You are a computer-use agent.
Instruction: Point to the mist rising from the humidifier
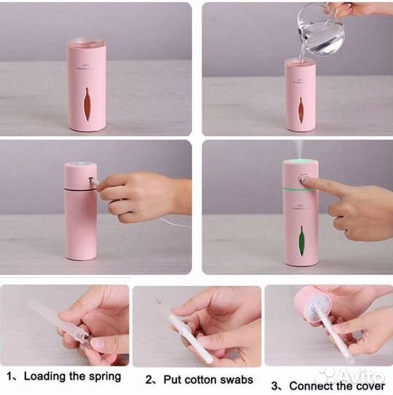(x=300, y=149)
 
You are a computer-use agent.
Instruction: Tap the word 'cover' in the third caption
(x=368, y=385)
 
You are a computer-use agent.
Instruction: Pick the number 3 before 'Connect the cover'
(x=275, y=385)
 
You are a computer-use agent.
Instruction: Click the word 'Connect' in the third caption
(x=308, y=385)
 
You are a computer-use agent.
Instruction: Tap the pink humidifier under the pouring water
(x=300, y=95)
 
